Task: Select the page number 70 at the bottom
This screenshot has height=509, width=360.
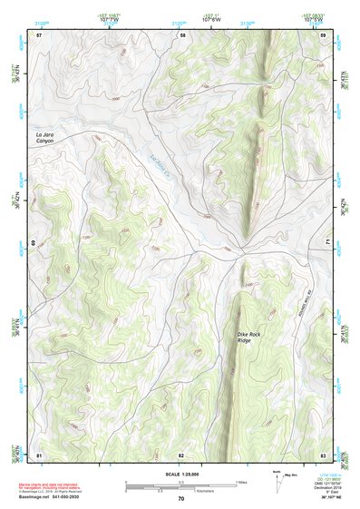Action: coord(180,499)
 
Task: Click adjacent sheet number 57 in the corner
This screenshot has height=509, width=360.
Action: coord(39,34)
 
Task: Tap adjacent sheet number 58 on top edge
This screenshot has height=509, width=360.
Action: coord(182,34)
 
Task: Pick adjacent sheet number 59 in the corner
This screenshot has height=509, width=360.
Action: coord(324,34)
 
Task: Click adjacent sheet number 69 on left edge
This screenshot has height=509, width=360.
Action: coord(34,243)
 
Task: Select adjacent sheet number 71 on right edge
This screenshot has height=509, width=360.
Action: coord(326,243)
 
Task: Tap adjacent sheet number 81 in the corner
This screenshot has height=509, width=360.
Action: coord(39,454)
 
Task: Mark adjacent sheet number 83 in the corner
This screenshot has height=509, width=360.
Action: coord(323,454)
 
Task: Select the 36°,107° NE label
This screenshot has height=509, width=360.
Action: coord(330,499)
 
